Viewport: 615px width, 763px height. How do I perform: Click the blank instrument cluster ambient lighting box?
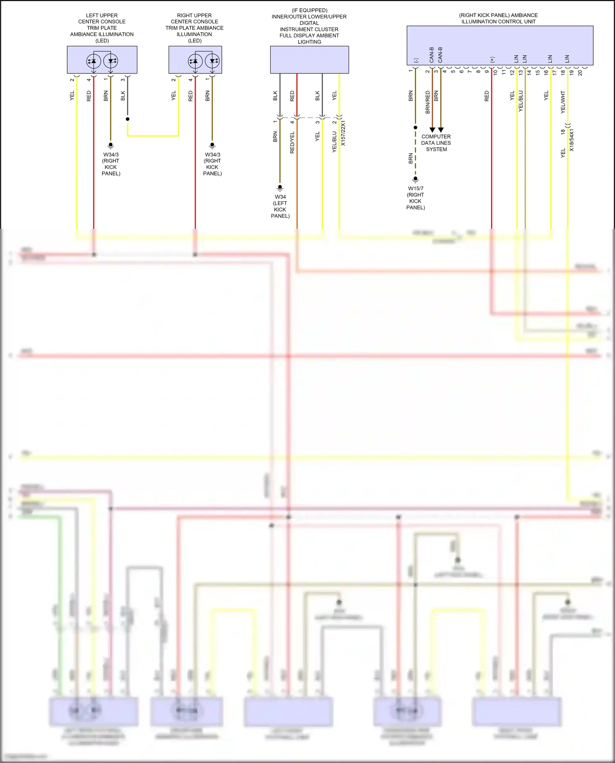[x=309, y=60]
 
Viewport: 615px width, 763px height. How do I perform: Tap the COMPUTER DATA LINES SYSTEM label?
[x=436, y=143]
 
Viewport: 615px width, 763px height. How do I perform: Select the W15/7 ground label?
[x=415, y=198]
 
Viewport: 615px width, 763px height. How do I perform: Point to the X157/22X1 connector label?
[x=343, y=133]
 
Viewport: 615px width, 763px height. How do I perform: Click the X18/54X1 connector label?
[x=572, y=140]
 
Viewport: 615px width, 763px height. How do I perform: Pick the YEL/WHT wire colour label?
[x=563, y=102]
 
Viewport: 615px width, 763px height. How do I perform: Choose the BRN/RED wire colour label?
[x=428, y=102]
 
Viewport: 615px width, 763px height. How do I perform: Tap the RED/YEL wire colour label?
[x=292, y=143]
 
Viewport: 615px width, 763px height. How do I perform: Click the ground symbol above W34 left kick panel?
[x=280, y=187]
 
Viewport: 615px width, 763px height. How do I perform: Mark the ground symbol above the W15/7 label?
[x=415, y=179]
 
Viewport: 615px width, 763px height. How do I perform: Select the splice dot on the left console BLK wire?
[x=128, y=119]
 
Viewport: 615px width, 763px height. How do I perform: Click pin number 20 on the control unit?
[x=580, y=73]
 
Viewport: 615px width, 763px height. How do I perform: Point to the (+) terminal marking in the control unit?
[x=492, y=59]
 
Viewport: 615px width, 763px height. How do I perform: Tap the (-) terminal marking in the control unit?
[x=416, y=60]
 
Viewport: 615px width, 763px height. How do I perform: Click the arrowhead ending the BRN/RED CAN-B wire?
[x=432, y=130]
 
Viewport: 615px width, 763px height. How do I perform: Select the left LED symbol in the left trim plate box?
[x=93, y=61]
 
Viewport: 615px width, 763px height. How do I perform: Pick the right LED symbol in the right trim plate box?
[x=212, y=61]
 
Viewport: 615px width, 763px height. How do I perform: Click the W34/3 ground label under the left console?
[x=111, y=164]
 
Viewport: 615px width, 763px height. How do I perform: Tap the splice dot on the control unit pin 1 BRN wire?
[x=415, y=128]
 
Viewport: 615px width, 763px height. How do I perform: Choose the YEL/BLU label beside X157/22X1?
[x=335, y=141]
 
